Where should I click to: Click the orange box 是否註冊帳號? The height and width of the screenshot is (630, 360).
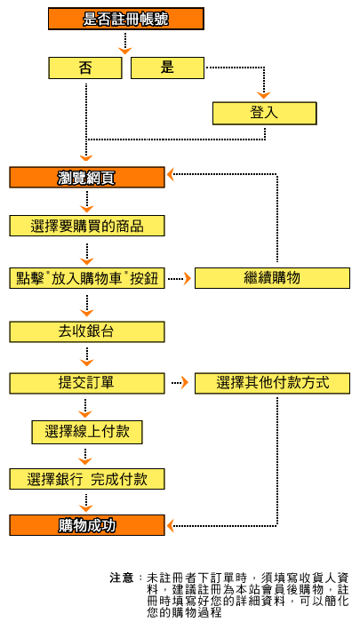(x=126, y=19)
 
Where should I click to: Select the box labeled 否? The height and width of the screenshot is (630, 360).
(x=85, y=68)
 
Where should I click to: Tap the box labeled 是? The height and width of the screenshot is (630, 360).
(x=167, y=68)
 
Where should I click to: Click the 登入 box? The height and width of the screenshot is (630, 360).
(x=264, y=114)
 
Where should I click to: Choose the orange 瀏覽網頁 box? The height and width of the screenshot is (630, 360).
(x=87, y=177)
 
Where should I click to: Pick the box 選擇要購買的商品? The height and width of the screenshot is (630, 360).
(x=87, y=226)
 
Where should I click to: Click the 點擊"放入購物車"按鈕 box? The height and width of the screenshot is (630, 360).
(x=87, y=278)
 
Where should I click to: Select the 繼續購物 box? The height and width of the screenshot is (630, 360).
(x=272, y=278)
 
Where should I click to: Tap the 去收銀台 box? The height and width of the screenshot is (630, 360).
(x=87, y=331)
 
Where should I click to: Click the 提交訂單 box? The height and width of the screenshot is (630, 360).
(x=87, y=383)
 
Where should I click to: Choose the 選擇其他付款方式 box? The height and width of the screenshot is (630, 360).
(x=272, y=383)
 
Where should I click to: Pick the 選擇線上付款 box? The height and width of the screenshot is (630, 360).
(x=87, y=432)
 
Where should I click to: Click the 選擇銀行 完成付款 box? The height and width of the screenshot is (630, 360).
(x=87, y=479)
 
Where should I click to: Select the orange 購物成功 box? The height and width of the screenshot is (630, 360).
(x=87, y=525)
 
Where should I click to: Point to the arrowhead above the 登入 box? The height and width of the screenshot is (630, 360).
(x=264, y=96)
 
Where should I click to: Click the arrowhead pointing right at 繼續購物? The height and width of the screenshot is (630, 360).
(x=188, y=278)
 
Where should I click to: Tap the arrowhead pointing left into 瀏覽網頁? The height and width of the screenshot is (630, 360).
(x=171, y=174)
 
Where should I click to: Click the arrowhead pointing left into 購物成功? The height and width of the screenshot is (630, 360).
(x=171, y=525)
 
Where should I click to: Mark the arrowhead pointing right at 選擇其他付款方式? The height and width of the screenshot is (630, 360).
(x=184, y=383)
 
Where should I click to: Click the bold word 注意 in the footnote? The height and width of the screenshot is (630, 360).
(x=122, y=578)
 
